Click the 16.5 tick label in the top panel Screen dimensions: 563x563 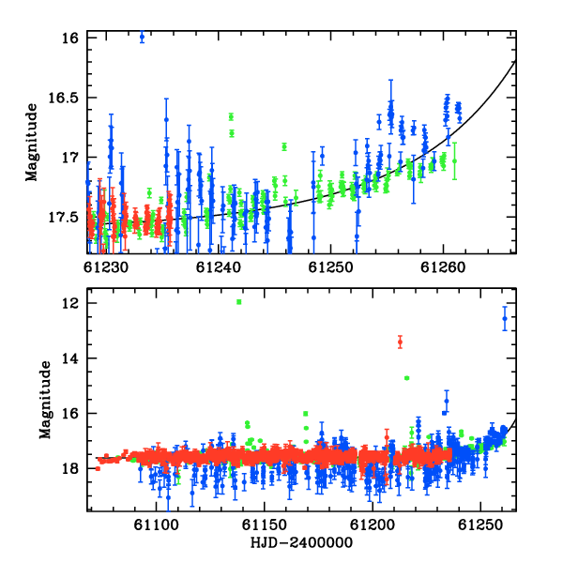(x=63, y=98)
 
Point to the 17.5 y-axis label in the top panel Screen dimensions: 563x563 (x=63, y=218)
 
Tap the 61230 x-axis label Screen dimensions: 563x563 (x=105, y=267)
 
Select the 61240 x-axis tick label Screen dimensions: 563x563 (x=219, y=267)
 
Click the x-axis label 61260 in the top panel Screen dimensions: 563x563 (x=443, y=267)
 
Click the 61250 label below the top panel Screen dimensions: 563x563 (x=330, y=267)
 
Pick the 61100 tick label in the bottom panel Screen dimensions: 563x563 (x=156, y=525)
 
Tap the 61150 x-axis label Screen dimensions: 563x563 (x=265, y=525)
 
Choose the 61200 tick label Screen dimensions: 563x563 (x=373, y=525)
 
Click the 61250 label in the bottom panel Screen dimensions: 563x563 (x=480, y=525)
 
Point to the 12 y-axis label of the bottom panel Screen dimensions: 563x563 (x=70, y=303)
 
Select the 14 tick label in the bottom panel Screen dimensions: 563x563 (x=70, y=358)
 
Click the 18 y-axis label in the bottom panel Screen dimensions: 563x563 (x=70, y=468)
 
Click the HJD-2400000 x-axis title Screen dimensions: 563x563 (x=301, y=542)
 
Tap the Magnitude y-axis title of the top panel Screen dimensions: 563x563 (x=32, y=143)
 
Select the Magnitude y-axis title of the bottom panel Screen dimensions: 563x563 (x=45, y=400)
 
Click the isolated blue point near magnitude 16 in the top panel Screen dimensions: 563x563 (x=142, y=37)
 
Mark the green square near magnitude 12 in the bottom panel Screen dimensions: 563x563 (x=239, y=302)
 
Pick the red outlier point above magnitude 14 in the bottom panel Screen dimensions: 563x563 (x=400, y=342)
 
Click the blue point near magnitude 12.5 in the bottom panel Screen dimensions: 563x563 (x=505, y=318)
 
